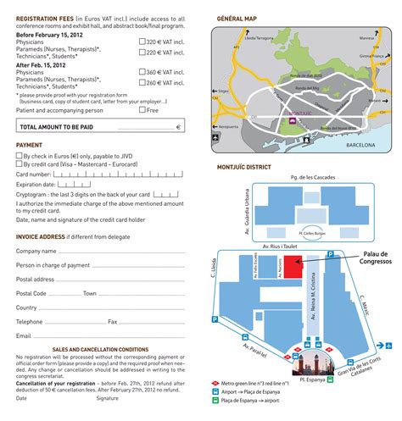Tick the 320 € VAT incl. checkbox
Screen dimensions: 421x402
pos(142,40)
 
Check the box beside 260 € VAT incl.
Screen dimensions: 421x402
pos(142,84)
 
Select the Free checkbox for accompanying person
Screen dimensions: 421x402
pos(142,109)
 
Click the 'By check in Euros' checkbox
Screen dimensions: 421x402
pos(20,156)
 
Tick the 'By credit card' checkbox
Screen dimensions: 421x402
pos(20,164)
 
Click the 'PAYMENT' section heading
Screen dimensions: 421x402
pos(30,145)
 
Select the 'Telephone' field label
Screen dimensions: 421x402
pos(29,322)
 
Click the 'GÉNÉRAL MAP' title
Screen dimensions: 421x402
pos(237,16)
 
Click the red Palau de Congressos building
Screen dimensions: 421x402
pos(291,266)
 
